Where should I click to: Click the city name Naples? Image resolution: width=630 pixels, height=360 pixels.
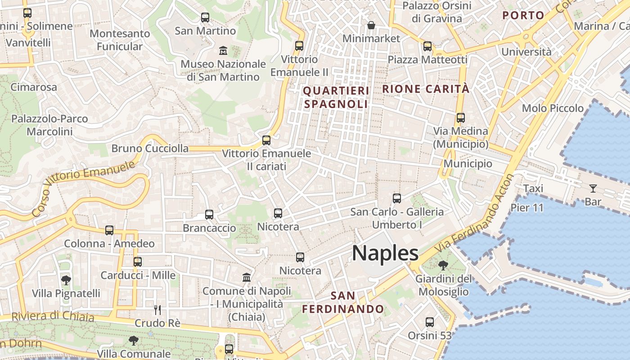tap(385, 253)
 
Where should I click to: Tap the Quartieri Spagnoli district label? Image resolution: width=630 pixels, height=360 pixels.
tap(336, 97)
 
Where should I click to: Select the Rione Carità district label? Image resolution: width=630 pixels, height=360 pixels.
tap(425, 89)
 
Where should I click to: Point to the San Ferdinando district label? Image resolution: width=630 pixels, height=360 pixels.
tap(343, 302)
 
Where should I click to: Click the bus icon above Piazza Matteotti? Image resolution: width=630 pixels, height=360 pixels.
tap(427, 46)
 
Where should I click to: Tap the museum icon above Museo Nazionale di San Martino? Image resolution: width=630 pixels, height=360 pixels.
tap(223, 50)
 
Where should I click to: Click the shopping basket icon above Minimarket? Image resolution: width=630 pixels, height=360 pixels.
tap(371, 25)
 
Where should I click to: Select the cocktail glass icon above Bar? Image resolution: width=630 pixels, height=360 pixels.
tap(593, 189)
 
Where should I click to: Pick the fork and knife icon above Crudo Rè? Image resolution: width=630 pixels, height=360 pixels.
tap(157, 310)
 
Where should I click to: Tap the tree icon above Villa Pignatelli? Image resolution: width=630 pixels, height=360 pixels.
tap(66, 280)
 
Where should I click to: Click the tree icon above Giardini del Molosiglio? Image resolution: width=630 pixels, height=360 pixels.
tap(443, 265)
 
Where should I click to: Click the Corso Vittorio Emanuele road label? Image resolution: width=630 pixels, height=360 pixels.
tap(84, 187)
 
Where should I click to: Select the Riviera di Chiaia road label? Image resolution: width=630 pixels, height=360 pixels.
tap(53, 316)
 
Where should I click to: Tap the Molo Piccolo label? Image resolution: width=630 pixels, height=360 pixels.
tap(553, 108)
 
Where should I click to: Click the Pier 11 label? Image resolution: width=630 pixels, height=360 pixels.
tap(527, 208)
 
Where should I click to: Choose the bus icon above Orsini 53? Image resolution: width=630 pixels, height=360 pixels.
tap(430, 322)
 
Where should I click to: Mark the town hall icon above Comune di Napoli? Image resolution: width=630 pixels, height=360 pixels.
tap(247, 277)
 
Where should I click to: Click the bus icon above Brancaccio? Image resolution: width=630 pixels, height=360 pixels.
tap(209, 215)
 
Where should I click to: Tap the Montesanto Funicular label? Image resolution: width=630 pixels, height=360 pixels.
tap(120, 40)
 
